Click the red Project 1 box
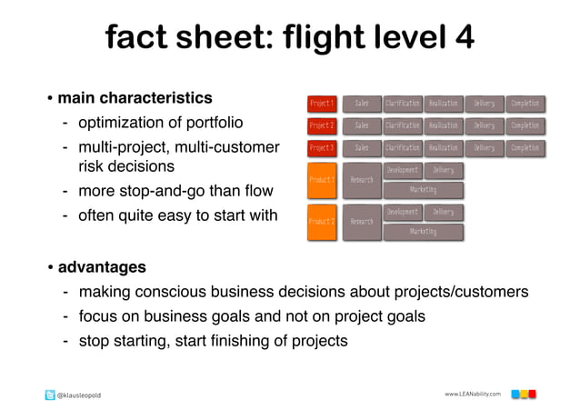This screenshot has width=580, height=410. (x=322, y=104)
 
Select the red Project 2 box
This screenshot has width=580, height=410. (x=322, y=125)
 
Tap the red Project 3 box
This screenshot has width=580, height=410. (x=322, y=147)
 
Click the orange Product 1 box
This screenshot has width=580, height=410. (x=322, y=180)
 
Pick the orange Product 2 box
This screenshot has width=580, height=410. (x=322, y=222)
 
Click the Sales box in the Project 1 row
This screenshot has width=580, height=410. (x=362, y=104)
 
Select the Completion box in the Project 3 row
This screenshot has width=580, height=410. (x=525, y=147)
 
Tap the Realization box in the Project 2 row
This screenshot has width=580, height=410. (x=444, y=125)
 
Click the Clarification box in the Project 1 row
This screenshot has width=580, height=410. (x=403, y=104)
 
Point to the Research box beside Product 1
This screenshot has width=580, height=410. (x=362, y=180)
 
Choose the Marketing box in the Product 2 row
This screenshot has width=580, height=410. (x=423, y=232)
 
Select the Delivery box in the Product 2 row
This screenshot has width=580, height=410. (x=444, y=212)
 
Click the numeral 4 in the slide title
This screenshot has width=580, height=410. (x=463, y=38)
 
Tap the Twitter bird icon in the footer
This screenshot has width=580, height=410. (x=50, y=395)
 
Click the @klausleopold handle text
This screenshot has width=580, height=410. (x=80, y=395)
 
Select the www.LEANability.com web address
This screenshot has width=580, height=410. (x=473, y=394)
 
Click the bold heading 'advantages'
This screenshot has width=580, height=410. (x=102, y=267)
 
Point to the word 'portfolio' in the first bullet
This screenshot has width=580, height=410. (x=212, y=122)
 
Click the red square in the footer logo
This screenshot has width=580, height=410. (x=532, y=394)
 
